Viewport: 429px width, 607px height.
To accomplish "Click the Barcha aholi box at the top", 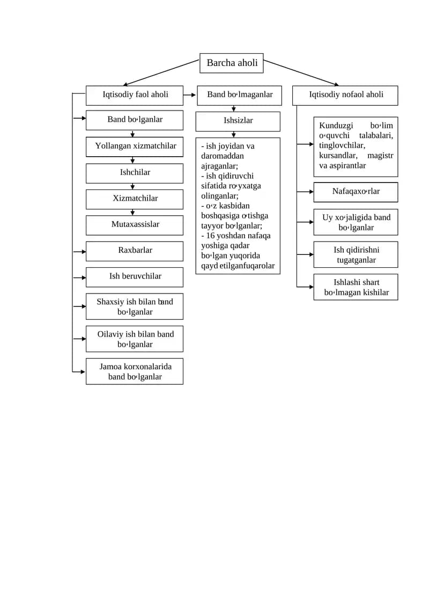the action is [231, 63].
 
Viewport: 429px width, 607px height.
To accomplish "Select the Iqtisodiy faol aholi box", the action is [134, 95].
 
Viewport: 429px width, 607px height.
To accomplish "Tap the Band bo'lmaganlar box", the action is [240, 95].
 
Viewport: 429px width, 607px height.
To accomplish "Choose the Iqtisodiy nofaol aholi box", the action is [345, 95].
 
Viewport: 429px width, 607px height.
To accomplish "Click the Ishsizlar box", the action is [238, 121].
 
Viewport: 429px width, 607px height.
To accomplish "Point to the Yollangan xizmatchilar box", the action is [134, 147].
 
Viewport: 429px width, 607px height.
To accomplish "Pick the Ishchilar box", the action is [134, 173].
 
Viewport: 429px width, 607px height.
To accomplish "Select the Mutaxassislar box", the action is [134, 225].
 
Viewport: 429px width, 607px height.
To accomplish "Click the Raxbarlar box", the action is [134, 251].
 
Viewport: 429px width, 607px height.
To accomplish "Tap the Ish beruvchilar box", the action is [134, 277].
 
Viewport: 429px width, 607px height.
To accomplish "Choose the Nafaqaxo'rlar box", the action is [356, 192].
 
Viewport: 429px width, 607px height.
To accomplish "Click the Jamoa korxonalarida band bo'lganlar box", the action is [134, 371].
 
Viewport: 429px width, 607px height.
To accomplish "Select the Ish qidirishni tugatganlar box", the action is [356, 255].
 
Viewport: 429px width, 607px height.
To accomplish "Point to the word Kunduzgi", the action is [336, 126].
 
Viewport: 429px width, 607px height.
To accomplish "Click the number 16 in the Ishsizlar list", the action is [210, 236].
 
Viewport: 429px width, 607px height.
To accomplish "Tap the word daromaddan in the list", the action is [222, 156].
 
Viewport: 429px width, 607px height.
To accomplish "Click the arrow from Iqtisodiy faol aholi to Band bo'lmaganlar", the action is [189, 95].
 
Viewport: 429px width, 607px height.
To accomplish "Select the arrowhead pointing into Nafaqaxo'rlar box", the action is [311, 192].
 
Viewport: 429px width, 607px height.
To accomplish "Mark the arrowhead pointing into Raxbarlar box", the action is [84, 252].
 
